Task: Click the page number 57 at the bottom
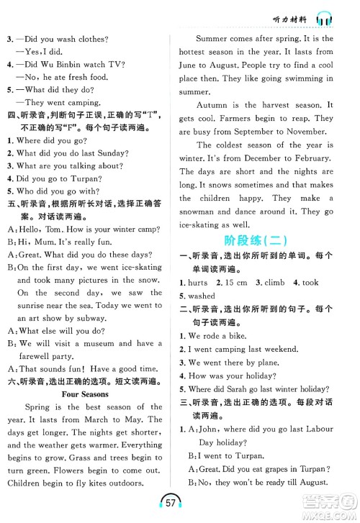coord(180,501)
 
